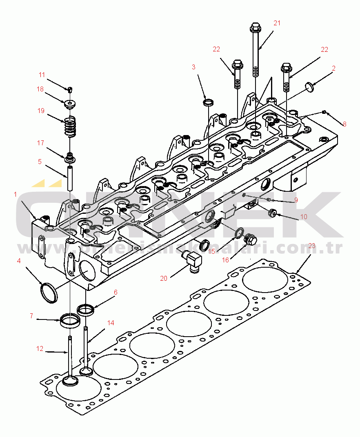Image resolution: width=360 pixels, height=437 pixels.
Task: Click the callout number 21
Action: click(x=277, y=23)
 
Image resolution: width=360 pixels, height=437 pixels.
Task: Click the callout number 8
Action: click(x=344, y=124)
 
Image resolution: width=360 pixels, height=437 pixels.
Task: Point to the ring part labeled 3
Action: click(x=209, y=102)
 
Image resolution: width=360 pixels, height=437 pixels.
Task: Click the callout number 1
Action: click(x=15, y=194)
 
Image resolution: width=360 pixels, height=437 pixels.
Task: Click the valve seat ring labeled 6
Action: click(x=86, y=309)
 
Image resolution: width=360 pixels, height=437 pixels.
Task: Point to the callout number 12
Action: click(x=40, y=348)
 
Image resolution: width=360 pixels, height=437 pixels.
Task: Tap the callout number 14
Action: click(x=111, y=323)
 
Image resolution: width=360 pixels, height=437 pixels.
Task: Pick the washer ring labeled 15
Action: click(x=238, y=233)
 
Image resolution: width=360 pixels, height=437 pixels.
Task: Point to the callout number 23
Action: click(x=312, y=246)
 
